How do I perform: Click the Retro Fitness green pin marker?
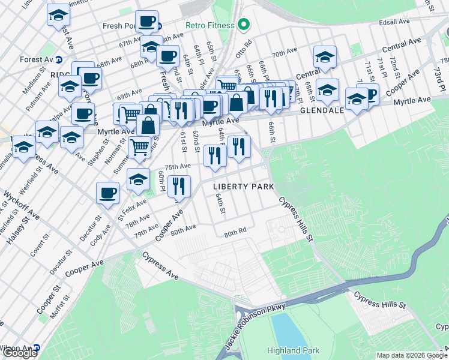click(243, 25)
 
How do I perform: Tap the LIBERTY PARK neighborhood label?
click(244, 187)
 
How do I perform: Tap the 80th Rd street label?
click(235, 232)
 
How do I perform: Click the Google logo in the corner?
click(19, 353)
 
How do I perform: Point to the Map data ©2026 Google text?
click(411, 355)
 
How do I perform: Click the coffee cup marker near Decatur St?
click(108, 193)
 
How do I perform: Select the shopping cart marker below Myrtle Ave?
click(139, 146)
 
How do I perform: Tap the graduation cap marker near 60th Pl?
click(138, 179)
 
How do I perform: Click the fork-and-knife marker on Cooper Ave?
click(179, 187)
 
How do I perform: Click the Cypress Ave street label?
click(160, 265)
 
